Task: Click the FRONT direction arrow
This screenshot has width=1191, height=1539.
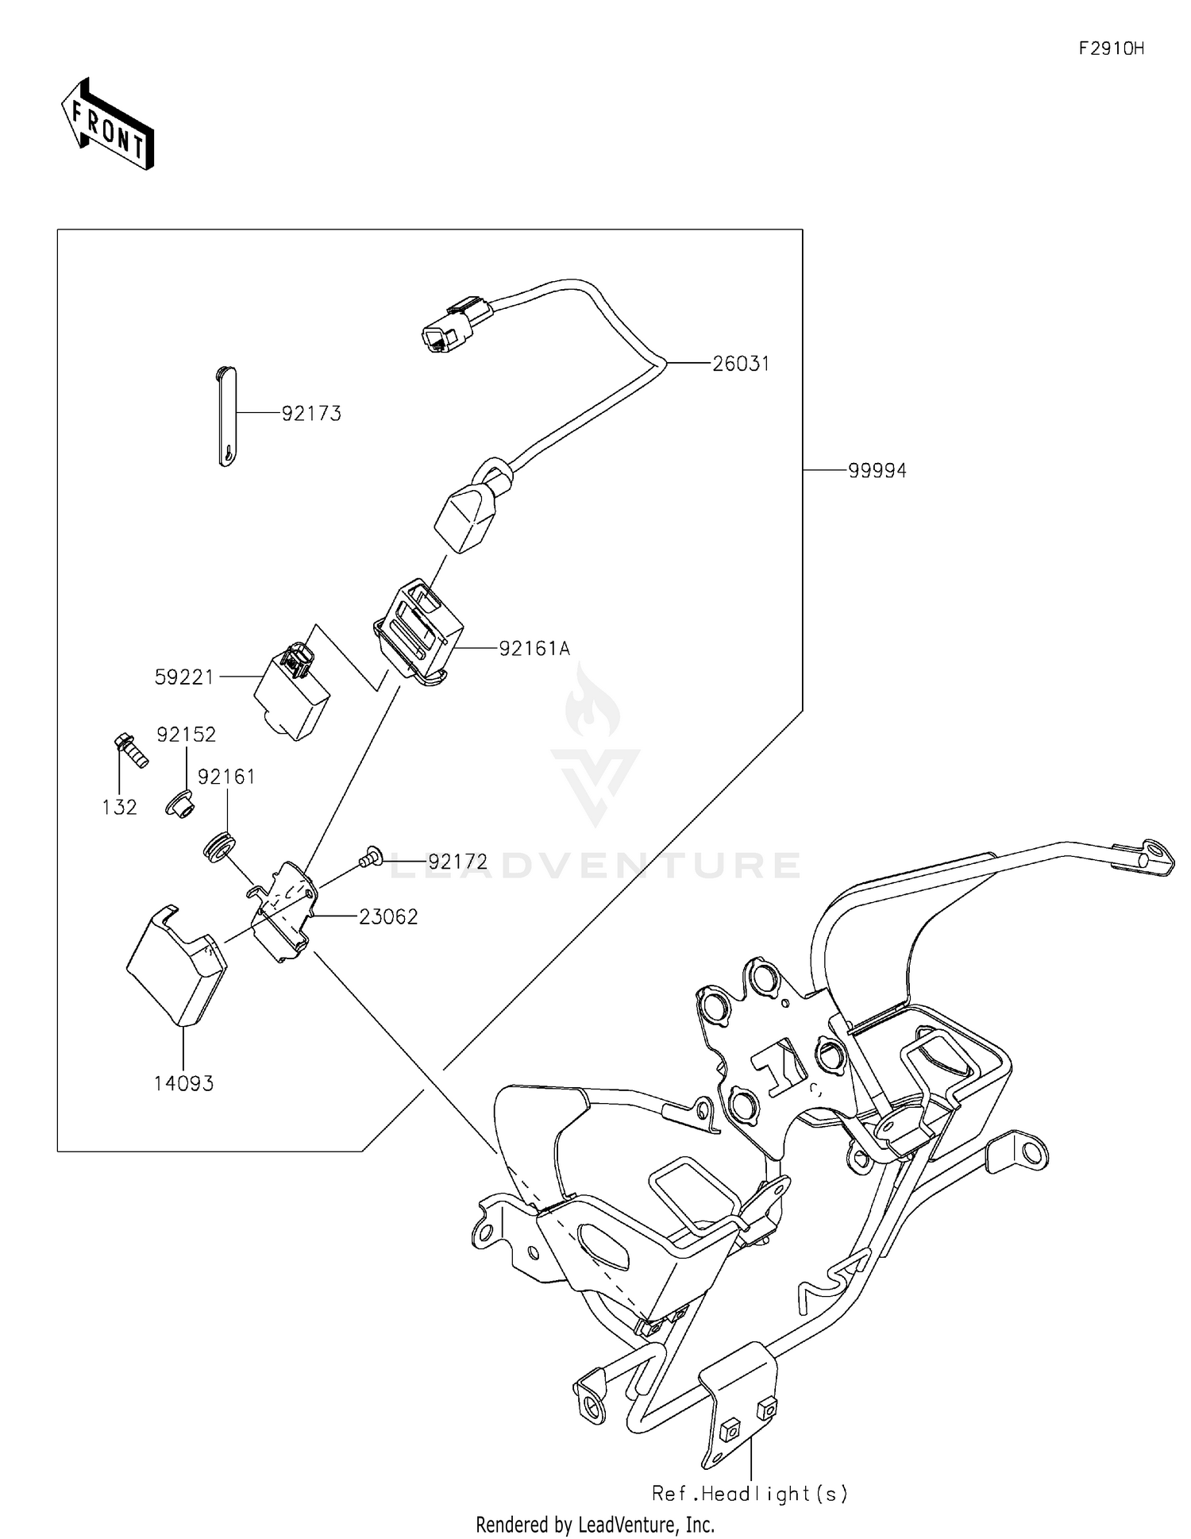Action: pos(107,125)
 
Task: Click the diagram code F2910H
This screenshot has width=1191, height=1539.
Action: pos(1111,49)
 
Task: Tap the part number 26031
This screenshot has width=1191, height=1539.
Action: pos(740,364)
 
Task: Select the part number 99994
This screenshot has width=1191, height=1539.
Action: pos(877,471)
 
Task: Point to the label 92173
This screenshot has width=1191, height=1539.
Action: pos(311,414)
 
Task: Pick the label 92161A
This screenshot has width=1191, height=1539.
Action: pos(534,650)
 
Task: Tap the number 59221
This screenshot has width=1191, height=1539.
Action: pos(184,677)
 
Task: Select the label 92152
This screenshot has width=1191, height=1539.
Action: pos(186,735)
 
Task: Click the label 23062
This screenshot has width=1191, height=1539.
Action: pos(387,917)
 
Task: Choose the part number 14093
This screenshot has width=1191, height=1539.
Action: pos(183,1083)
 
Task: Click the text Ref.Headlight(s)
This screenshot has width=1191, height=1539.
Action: pos(750,1493)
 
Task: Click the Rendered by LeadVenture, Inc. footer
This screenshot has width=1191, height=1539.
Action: pos(595,1524)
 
